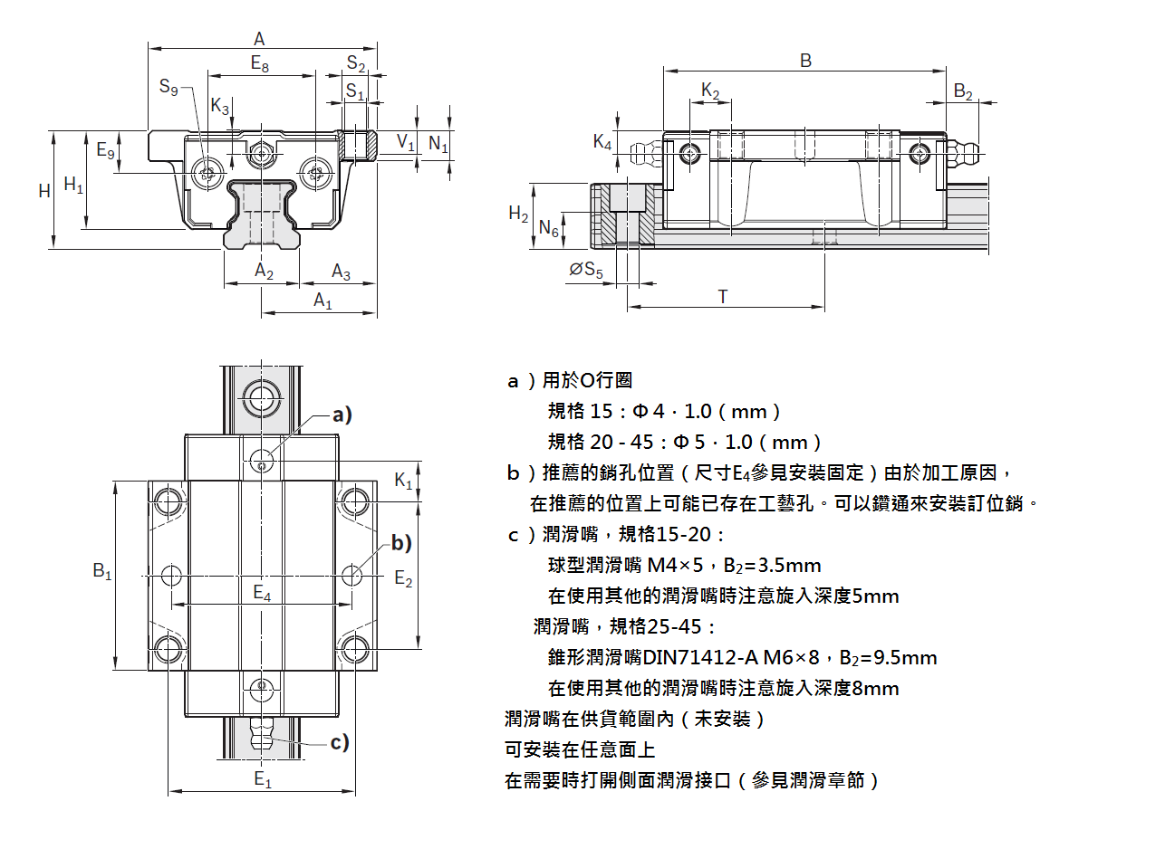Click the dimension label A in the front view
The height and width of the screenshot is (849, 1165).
(259, 39)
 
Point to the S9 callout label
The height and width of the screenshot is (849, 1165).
(168, 87)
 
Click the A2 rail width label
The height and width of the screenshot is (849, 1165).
(264, 271)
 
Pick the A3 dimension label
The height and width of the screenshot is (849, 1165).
(341, 271)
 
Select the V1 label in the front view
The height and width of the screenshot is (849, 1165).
(405, 142)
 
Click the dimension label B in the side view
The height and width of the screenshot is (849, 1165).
(805, 61)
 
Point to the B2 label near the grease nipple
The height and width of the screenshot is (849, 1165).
(963, 92)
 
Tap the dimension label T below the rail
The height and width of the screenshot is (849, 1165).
(723, 296)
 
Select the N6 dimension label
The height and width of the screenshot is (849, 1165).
(549, 229)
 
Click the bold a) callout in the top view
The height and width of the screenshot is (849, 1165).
(341, 415)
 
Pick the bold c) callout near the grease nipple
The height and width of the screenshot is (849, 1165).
(340, 743)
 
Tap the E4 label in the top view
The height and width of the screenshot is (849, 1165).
(262, 593)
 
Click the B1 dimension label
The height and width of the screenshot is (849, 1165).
(102, 571)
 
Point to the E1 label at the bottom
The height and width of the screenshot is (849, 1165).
(263, 780)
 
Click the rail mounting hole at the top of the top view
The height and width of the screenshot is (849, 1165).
(260, 396)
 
